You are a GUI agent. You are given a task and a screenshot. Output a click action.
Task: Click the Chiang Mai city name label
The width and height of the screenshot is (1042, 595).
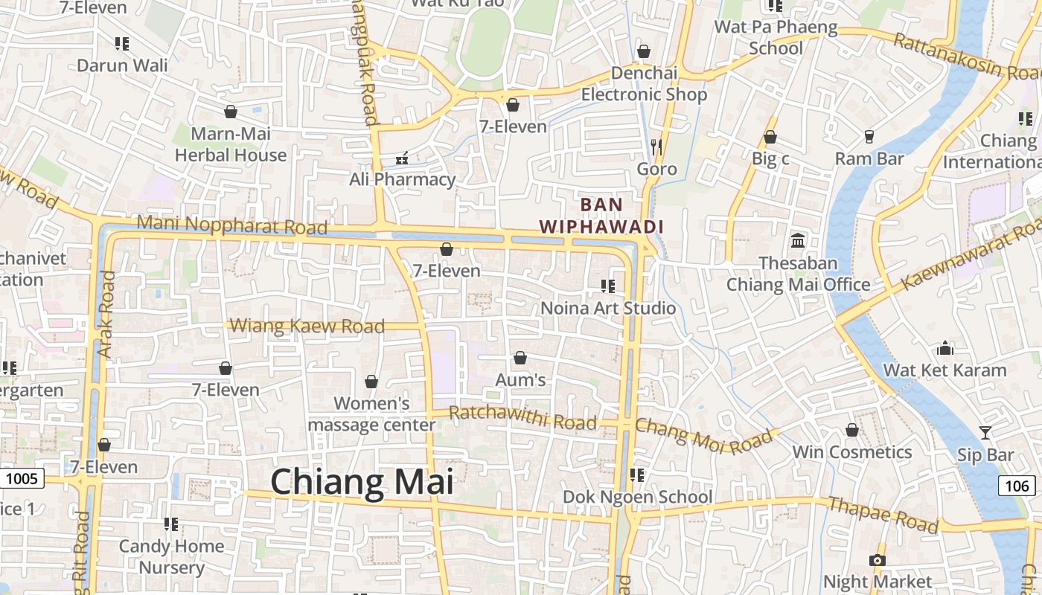(362, 482)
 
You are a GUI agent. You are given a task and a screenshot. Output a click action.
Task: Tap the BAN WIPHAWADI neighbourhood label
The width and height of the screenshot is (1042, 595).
(601, 215)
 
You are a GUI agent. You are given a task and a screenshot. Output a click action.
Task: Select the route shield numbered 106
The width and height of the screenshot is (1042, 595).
(1017, 486)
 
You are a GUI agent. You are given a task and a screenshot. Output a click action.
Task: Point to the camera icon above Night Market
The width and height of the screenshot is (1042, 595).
(878, 560)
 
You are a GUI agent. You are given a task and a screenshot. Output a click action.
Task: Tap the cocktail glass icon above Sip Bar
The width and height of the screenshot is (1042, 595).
(985, 432)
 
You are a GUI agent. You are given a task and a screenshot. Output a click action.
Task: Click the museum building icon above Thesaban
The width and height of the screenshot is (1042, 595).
(799, 240)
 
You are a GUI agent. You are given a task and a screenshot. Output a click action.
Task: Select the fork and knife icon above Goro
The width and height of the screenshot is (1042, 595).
(656, 147)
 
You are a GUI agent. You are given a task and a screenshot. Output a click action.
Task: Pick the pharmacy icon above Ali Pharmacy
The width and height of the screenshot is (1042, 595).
(403, 158)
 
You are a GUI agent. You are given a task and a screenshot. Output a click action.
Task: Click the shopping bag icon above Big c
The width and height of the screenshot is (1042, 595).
(770, 137)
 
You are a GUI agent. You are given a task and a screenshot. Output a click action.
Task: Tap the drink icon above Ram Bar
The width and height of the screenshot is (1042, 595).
(869, 137)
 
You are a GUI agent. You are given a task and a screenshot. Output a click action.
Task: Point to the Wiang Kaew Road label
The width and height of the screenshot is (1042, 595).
(307, 326)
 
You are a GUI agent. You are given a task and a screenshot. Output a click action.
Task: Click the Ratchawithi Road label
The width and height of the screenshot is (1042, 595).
(523, 418)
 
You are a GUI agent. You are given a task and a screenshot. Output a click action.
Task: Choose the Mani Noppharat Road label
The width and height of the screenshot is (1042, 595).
(232, 225)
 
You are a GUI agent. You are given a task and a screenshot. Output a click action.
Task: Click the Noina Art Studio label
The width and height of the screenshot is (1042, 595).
(608, 308)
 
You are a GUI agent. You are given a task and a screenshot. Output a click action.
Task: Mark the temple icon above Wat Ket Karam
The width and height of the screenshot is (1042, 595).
(945, 348)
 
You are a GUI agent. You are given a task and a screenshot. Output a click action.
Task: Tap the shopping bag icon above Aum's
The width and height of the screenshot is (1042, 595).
(520, 358)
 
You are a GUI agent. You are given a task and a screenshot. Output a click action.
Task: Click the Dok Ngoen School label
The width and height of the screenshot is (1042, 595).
(638, 497)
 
